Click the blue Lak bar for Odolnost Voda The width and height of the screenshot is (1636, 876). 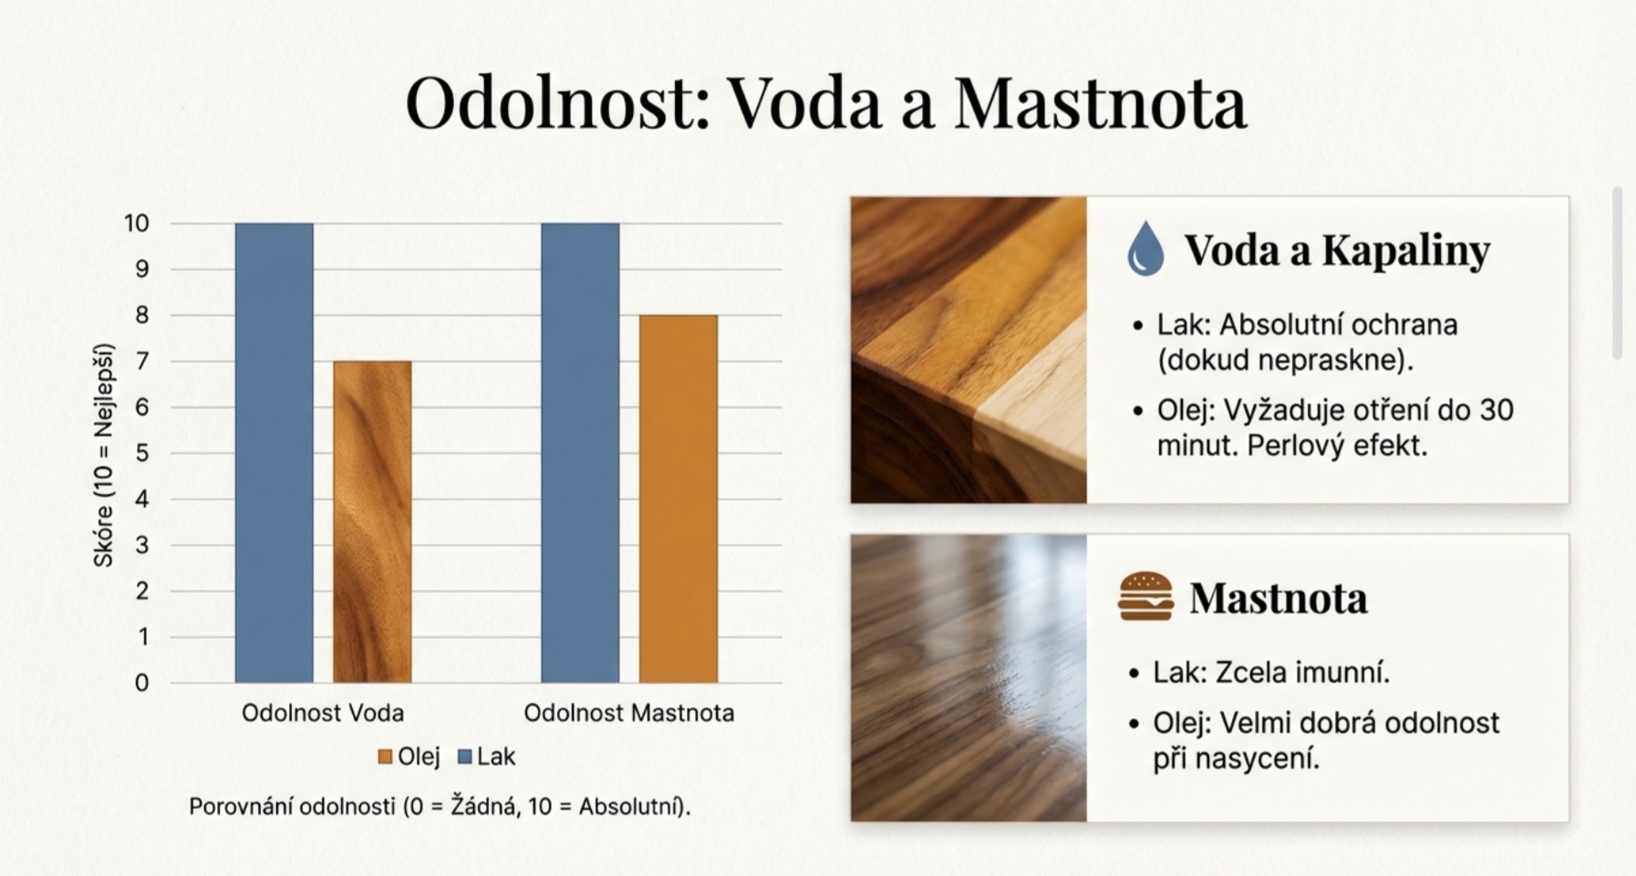(x=274, y=453)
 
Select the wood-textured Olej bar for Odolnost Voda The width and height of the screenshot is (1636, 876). (x=372, y=522)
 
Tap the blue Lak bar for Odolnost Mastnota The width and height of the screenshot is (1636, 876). (x=580, y=453)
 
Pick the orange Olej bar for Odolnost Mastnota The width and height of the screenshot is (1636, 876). (x=678, y=499)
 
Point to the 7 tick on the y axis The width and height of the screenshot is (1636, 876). (x=142, y=362)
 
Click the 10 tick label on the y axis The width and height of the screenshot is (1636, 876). (x=137, y=224)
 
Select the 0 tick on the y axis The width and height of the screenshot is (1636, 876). (x=142, y=683)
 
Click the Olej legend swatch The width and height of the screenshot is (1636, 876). (x=385, y=756)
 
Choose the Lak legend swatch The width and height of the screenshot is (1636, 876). (x=465, y=756)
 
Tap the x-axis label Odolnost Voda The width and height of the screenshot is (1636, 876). (x=323, y=713)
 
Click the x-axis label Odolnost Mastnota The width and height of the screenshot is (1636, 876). (x=629, y=713)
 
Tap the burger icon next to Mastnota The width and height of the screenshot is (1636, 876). (x=1145, y=597)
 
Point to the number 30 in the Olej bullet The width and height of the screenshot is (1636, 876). (x=1496, y=411)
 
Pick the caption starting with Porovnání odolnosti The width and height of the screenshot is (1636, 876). (x=440, y=807)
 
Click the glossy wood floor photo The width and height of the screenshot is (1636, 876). (x=968, y=678)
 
